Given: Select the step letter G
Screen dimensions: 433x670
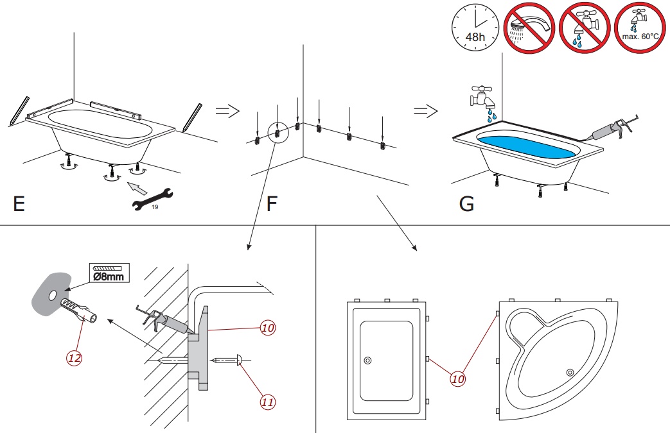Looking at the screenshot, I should pos(466,203).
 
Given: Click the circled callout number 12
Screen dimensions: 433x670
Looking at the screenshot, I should pos(75,358).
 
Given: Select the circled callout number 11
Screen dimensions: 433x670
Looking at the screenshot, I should pos(268,402).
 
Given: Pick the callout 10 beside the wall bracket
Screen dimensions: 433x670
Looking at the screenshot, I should pos(268,328).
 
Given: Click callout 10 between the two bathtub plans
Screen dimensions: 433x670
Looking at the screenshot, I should pos(457,378).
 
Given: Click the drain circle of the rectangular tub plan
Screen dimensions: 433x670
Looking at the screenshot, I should pos(367,361).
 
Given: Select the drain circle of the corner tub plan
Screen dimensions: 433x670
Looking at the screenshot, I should pos(570,371).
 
